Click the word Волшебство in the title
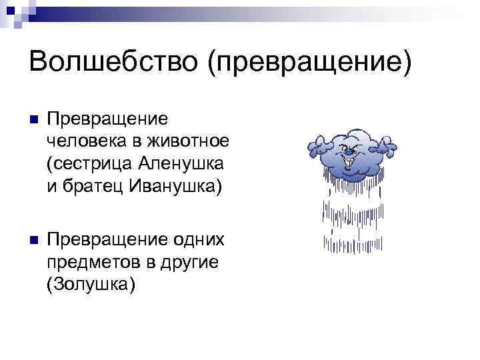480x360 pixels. [x=111, y=63]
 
